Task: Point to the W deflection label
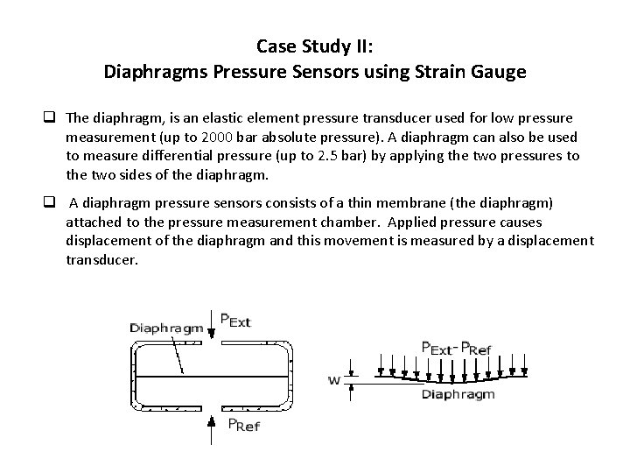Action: (x=334, y=380)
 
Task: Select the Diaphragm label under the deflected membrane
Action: (x=458, y=394)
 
